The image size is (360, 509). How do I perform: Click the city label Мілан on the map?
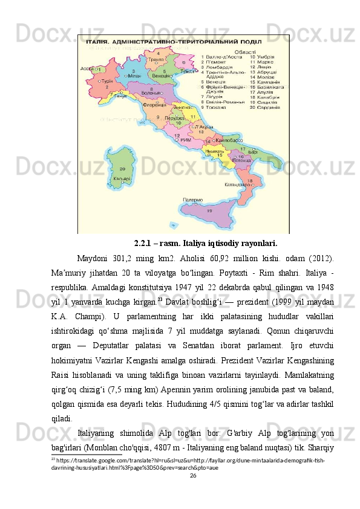pos(136,76)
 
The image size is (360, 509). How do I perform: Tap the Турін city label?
pos(106,81)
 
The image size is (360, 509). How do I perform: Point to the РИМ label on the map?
pos(186,140)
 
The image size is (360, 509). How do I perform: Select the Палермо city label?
pos(192,198)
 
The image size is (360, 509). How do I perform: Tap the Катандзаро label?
pos(238,184)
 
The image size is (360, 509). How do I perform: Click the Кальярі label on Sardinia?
pos(121,179)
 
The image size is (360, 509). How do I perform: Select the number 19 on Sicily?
pos(209,211)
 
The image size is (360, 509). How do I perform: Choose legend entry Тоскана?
pos(219,108)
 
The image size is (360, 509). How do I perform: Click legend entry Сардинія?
pos(268,108)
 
